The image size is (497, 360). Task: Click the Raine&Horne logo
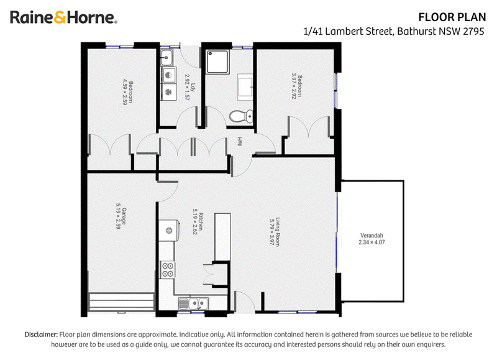[64, 17]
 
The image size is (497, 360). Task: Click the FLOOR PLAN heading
[452, 17]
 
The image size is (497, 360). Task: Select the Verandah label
[372, 239]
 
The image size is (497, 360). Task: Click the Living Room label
[275, 232]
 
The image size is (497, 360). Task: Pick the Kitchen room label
[198, 221]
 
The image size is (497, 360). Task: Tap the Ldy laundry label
[190, 87]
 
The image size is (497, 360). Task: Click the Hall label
[240, 142]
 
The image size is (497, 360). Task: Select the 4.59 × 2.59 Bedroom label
[128, 92]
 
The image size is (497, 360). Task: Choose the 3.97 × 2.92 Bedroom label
[297, 86]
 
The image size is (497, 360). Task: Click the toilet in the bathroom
[241, 116]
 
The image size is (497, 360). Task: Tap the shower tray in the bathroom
[217, 62]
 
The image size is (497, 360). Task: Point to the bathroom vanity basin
[245, 86]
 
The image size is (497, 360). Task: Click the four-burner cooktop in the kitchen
[167, 270]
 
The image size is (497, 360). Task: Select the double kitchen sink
[194, 303]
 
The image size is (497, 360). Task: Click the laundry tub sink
[166, 58]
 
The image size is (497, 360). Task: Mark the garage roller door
[121, 303]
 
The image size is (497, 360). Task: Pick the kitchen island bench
[222, 237]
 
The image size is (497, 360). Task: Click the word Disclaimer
[41, 335]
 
